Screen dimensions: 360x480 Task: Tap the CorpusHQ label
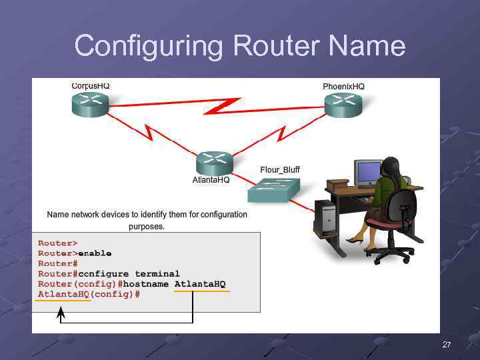[x=91, y=86]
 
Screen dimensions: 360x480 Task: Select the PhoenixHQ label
[x=343, y=87]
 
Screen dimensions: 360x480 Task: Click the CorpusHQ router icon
[x=90, y=105]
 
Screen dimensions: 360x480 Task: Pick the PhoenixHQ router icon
[x=343, y=105]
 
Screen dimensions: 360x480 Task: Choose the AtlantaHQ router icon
[x=214, y=163]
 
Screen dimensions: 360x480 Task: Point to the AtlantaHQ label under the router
[x=211, y=180]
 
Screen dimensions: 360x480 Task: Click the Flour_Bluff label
[x=280, y=170]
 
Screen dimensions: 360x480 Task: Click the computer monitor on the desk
[x=367, y=173]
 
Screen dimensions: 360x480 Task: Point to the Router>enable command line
[x=75, y=253]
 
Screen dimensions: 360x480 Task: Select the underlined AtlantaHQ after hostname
[x=200, y=285]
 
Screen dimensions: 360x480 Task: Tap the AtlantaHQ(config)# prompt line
[x=89, y=295]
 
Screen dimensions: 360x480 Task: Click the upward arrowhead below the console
[x=61, y=312]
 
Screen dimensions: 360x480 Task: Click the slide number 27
[x=447, y=345]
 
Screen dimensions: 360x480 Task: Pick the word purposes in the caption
[x=147, y=227]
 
